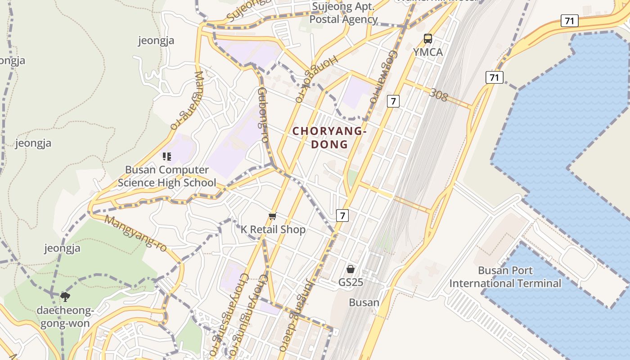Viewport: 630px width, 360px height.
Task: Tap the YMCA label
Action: (x=428, y=52)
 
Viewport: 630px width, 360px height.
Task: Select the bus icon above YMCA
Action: (x=428, y=39)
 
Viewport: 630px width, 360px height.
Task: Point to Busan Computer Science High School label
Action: (x=167, y=176)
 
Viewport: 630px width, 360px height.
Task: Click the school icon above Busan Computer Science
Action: (x=167, y=157)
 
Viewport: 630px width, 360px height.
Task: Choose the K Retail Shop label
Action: (x=273, y=229)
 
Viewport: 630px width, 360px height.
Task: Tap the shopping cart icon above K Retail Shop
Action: (x=272, y=217)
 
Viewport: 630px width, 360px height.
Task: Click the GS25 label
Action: (x=351, y=283)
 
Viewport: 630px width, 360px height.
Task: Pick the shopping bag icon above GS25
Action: (x=351, y=269)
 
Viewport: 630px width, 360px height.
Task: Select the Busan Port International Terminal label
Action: (x=505, y=277)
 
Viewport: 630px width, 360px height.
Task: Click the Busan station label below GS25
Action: (x=364, y=302)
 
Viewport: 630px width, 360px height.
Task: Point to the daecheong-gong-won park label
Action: (x=65, y=317)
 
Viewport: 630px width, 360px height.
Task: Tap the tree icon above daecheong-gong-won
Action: (x=65, y=297)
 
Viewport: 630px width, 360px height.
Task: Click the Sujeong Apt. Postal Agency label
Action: (x=343, y=13)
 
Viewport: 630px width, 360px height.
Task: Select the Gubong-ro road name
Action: (x=263, y=115)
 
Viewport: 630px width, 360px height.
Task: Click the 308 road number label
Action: (x=438, y=95)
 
